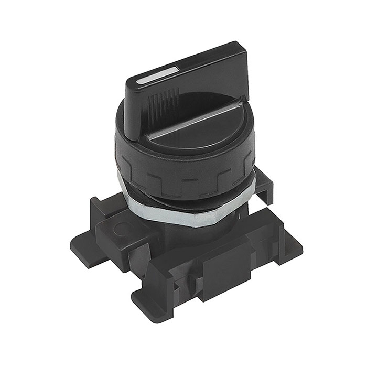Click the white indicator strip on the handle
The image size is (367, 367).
(x=157, y=75)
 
